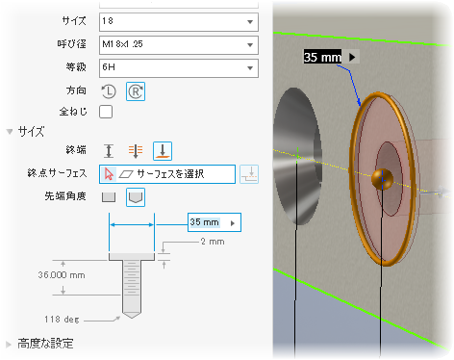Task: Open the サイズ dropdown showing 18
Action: (179, 22)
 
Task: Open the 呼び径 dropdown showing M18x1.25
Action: (179, 45)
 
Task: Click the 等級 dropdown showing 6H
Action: (179, 68)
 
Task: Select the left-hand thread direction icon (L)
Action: (109, 91)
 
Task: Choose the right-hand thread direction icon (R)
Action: (136, 91)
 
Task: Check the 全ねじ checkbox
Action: (106, 112)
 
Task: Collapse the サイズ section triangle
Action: (10, 132)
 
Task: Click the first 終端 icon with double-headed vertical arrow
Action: (109, 151)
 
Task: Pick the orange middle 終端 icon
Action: (136, 151)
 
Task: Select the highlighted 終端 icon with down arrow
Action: (163, 151)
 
